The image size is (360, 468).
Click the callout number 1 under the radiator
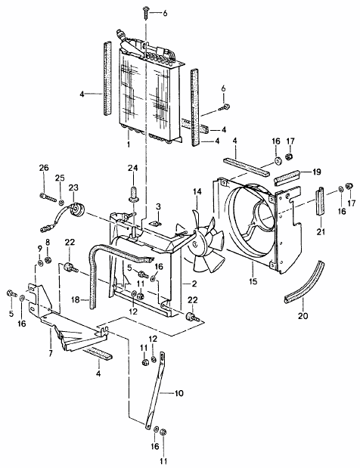click(129, 144)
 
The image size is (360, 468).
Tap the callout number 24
click(133, 168)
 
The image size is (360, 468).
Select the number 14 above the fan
click(197, 191)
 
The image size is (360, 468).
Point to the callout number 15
click(253, 280)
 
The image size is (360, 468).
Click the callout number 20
click(303, 315)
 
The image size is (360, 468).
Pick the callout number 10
click(178, 393)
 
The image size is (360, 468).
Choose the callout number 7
click(51, 354)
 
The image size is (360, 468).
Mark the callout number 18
click(76, 299)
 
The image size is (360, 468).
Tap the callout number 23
click(73, 188)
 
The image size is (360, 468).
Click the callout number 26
click(44, 168)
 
